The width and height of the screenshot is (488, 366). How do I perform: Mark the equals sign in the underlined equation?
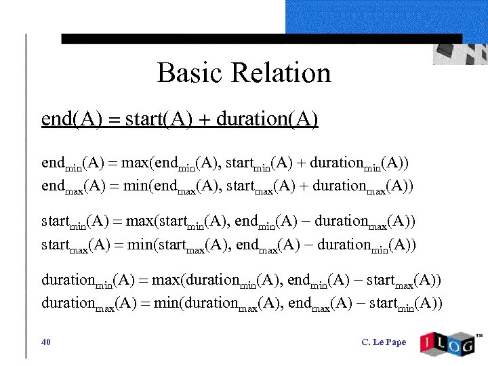click(x=113, y=120)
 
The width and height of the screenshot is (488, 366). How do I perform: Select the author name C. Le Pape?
click(x=384, y=342)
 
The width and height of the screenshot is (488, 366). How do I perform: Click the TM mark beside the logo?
click(x=479, y=335)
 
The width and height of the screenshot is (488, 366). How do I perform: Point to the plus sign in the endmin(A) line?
click(x=299, y=163)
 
